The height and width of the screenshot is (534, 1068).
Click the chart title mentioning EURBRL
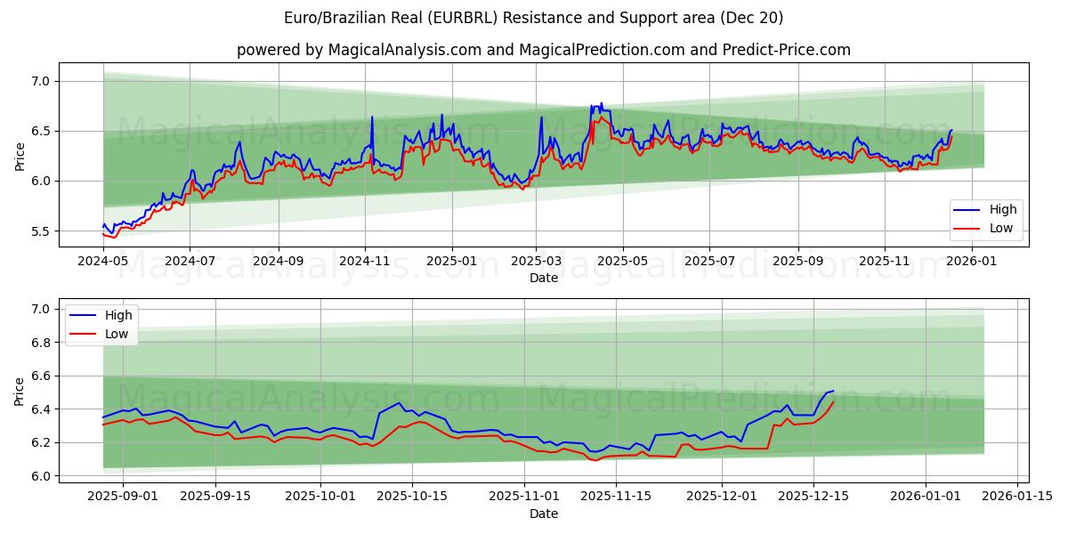pyautogui.click(x=533, y=18)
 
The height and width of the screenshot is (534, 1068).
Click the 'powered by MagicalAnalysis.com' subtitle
pyautogui.click(x=543, y=50)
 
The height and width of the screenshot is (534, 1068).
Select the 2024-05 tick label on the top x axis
pyautogui.click(x=103, y=261)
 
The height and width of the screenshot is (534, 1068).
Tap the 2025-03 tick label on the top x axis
pyautogui.click(x=536, y=261)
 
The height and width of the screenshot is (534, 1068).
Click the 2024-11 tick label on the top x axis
pyautogui.click(x=365, y=261)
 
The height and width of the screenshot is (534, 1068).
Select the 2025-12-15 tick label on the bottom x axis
pyautogui.click(x=813, y=497)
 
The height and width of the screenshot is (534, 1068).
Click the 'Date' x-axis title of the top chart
pyautogui.click(x=543, y=278)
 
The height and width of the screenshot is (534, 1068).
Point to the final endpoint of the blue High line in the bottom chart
pyautogui.click(x=833, y=391)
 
